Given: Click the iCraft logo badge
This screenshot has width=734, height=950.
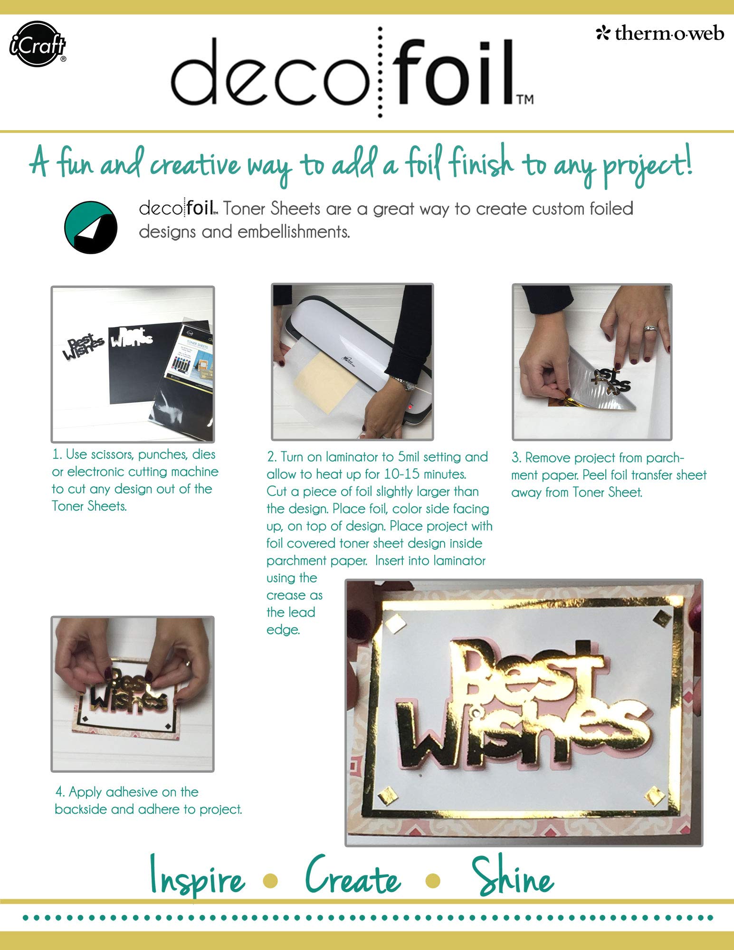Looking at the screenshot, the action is pyautogui.click(x=38, y=44).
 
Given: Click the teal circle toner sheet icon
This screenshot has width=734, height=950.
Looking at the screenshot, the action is pyautogui.click(x=91, y=227).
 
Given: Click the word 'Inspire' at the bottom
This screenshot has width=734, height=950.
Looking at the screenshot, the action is pyautogui.click(x=197, y=877).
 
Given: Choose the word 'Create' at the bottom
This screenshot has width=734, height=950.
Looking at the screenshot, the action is pyautogui.click(x=353, y=875).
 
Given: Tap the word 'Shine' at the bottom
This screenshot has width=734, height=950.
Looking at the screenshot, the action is pyautogui.click(x=513, y=876).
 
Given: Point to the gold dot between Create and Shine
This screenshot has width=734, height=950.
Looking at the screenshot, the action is pyautogui.click(x=433, y=880).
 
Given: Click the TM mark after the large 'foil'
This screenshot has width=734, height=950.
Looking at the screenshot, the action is pyautogui.click(x=525, y=99).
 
